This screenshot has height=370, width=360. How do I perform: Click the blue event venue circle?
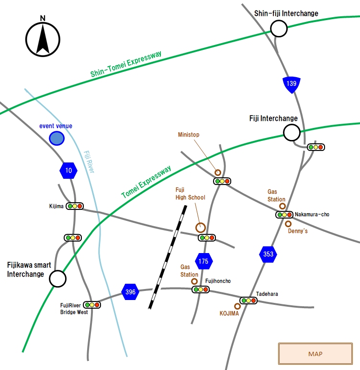click(x=57, y=139)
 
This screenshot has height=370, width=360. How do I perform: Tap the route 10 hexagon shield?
click(x=68, y=170)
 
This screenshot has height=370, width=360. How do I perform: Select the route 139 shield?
click(x=292, y=84)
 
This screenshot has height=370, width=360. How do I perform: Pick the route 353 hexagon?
click(x=268, y=254)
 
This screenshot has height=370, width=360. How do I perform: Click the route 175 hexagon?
click(x=204, y=261)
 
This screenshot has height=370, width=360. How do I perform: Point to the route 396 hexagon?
click(x=130, y=292)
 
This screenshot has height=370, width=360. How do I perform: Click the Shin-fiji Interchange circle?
click(x=279, y=29)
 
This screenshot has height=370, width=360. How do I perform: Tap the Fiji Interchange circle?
click(x=292, y=133)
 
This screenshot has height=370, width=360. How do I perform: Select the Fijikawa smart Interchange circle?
click(x=58, y=278)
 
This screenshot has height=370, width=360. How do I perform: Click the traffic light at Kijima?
click(x=75, y=206)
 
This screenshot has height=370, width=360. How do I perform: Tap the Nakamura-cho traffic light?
click(x=284, y=215)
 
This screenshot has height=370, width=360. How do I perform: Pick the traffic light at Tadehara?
click(x=248, y=301)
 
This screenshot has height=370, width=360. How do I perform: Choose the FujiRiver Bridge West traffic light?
click(x=92, y=305)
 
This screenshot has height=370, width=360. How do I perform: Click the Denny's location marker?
click(x=288, y=224)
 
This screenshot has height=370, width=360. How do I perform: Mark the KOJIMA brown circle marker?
click(x=237, y=306)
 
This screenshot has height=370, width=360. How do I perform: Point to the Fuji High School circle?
click(x=201, y=228)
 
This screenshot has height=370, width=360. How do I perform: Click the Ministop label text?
click(x=189, y=135)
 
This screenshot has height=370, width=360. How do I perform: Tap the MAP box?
click(x=315, y=354)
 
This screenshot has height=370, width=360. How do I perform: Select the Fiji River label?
click(x=89, y=162)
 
